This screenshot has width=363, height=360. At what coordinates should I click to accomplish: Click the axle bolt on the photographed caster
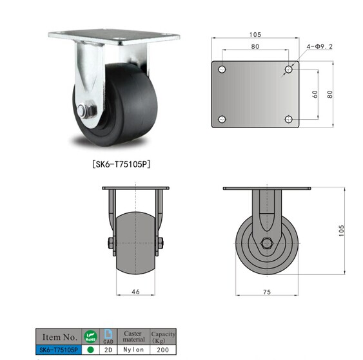pyautogui.click(x=85, y=110)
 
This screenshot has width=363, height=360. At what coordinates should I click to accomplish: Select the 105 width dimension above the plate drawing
pyautogui.click(x=255, y=35)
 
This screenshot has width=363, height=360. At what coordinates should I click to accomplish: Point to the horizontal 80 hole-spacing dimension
pyautogui.click(x=255, y=46)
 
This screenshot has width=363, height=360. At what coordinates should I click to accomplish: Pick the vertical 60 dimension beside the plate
pyautogui.click(x=315, y=93)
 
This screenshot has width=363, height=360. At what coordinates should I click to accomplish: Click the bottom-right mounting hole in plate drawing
pyautogui.click(x=288, y=119)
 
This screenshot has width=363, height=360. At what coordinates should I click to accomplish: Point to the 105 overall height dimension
pyautogui.click(x=342, y=229)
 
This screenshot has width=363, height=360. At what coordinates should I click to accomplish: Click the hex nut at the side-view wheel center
pyautogui.click(x=266, y=243)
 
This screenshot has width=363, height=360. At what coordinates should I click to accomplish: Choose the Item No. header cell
pyautogui.click(x=59, y=337)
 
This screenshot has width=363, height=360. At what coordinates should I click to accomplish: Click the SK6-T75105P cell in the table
pyautogui.click(x=59, y=349)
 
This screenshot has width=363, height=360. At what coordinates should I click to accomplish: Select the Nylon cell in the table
pyautogui.click(x=133, y=349)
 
